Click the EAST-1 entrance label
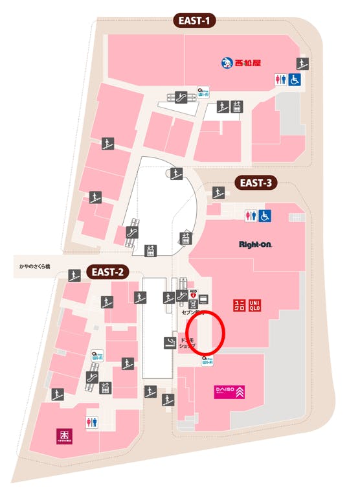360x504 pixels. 194,21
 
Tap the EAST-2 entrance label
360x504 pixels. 107,271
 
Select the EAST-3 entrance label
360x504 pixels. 255,183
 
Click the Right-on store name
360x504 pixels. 254,245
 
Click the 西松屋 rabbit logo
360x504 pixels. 227,63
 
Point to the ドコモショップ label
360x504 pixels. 187,343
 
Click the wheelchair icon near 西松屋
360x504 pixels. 295,80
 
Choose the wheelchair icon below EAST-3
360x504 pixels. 264,216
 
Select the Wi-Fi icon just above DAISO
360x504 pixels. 208,360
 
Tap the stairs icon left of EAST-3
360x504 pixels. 218,192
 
